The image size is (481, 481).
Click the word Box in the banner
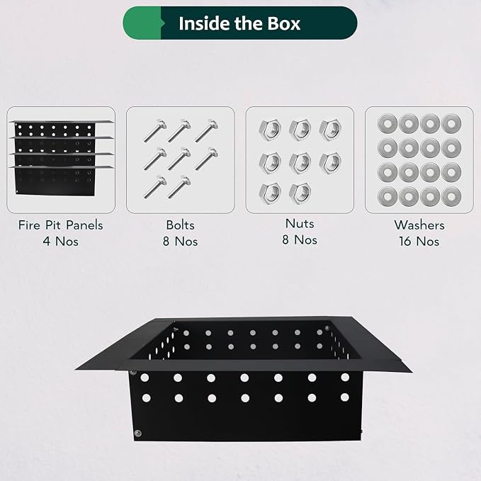(x=284, y=23)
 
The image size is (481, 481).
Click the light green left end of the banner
(x=142, y=23)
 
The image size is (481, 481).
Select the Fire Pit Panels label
(x=61, y=225)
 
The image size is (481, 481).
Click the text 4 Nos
(x=61, y=242)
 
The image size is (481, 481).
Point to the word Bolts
(x=181, y=225)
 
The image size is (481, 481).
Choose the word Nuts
(x=300, y=224)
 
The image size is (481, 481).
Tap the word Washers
(x=419, y=225)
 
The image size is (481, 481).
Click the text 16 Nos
(x=419, y=242)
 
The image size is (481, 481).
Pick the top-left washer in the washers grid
(x=387, y=124)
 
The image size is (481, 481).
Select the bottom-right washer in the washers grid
(x=451, y=197)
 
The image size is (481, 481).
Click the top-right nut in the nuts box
(x=330, y=130)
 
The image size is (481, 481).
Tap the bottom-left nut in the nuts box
(x=270, y=193)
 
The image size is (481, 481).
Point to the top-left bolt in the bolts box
(x=155, y=130)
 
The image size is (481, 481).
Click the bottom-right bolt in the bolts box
(x=179, y=187)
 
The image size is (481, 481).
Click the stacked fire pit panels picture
(x=61, y=158)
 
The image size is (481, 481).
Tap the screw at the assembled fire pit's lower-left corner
(x=138, y=433)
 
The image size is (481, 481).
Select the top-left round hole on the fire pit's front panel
(x=145, y=378)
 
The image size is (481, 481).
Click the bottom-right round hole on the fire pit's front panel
(x=345, y=397)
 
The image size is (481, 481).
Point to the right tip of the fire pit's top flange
(x=411, y=372)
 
